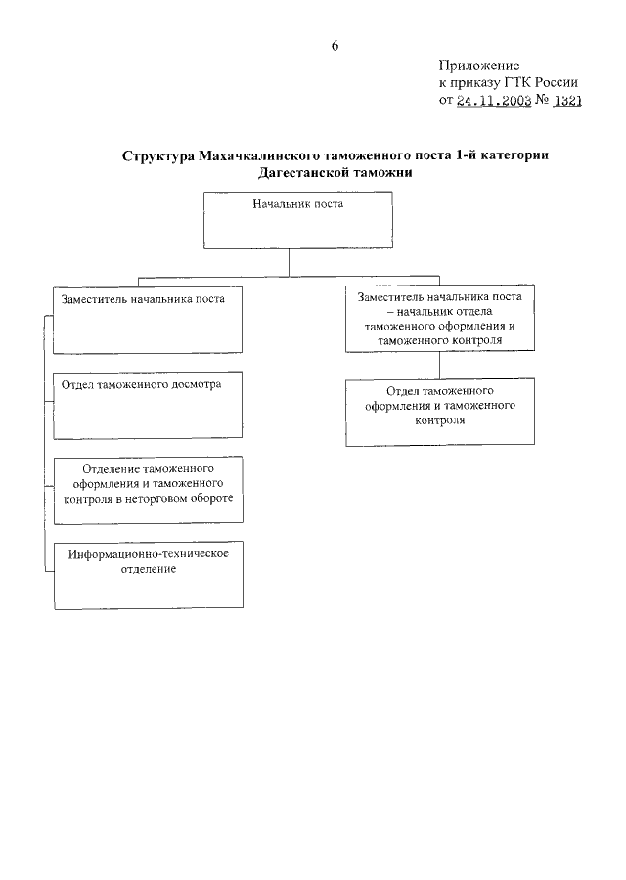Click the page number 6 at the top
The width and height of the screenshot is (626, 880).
[335, 46]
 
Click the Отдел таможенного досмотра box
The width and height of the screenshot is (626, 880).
[148, 405]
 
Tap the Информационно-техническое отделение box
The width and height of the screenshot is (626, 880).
[148, 574]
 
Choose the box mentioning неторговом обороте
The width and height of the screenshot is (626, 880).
[148, 491]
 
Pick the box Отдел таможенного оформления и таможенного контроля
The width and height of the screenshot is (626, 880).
[439, 412]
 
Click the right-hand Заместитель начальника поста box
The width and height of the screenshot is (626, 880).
[439, 319]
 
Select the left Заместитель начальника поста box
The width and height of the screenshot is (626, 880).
[148, 319]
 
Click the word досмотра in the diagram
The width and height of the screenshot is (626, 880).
[193, 385]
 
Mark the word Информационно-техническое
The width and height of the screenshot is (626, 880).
[149, 554]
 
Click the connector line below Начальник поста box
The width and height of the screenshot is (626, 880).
[298, 267]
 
